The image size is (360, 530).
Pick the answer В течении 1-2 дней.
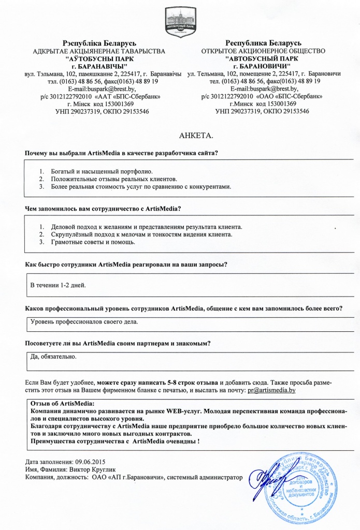click(x=58, y=285)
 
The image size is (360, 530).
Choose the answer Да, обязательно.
click(x=54, y=357)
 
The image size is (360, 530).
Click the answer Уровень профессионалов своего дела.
click(x=84, y=321)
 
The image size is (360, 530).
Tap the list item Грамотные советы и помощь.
click(x=93, y=242)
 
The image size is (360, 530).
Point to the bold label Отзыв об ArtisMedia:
click(x=63, y=403)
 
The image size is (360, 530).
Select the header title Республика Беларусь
click(x=264, y=43)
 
